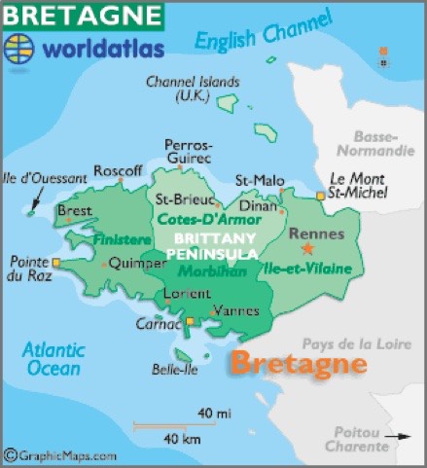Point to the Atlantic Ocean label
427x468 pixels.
(x=53, y=361)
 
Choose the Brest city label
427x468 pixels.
(x=75, y=211)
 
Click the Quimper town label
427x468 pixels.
(x=137, y=262)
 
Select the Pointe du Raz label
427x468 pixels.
(x=30, y=270)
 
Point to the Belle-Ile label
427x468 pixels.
(x=176, y=370)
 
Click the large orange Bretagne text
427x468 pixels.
(x=298, y=364)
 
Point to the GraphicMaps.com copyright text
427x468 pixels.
(x=60, y=455)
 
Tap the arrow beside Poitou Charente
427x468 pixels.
(x=398, y=435)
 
